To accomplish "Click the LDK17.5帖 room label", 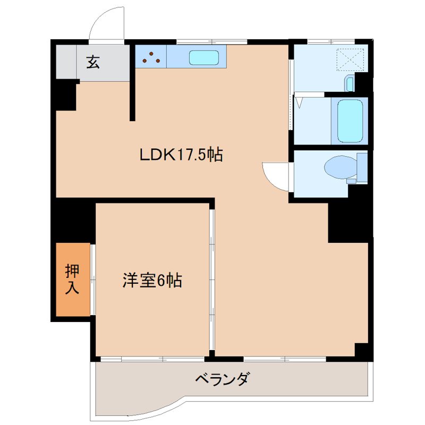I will point(181,155).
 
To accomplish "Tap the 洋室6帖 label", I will point(152,280).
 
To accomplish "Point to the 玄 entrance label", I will point(92,63).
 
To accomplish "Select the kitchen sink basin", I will point(204,57).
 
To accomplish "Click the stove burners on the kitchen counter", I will point(151,57).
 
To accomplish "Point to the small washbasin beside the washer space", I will point(349,83).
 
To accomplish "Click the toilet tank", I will point(362,166).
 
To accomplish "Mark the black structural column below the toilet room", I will point(348,220).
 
